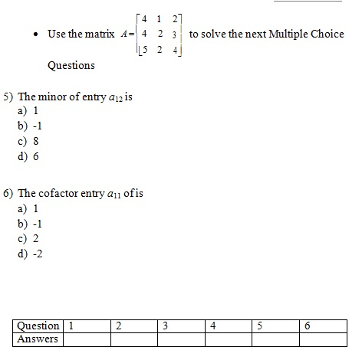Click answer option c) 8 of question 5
point(28,141)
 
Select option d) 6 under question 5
point(28,156)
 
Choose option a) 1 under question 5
point(28,110)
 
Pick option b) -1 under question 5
point(30,126)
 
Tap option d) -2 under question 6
point(31,254)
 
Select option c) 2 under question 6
point(28,238)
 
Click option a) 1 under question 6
point(28,208)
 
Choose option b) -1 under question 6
point(30,223)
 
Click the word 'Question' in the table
point(38,326)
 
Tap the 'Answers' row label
point(38,339)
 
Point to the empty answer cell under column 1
point(86,339)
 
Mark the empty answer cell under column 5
point(275,339)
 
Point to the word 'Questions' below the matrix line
point(71,65)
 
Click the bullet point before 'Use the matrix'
point(38,35)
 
